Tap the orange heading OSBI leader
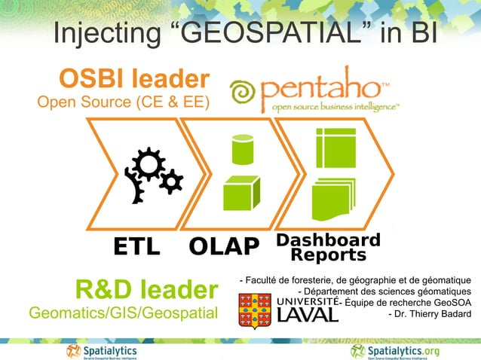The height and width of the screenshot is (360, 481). point(134,79)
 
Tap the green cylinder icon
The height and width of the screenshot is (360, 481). point(241,148)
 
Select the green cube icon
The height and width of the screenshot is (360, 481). point(242,193)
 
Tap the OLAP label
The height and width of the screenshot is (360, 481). point(224,247)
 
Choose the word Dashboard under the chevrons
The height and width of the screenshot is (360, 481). point(328,239)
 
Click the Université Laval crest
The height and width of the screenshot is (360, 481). point(253,310)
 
